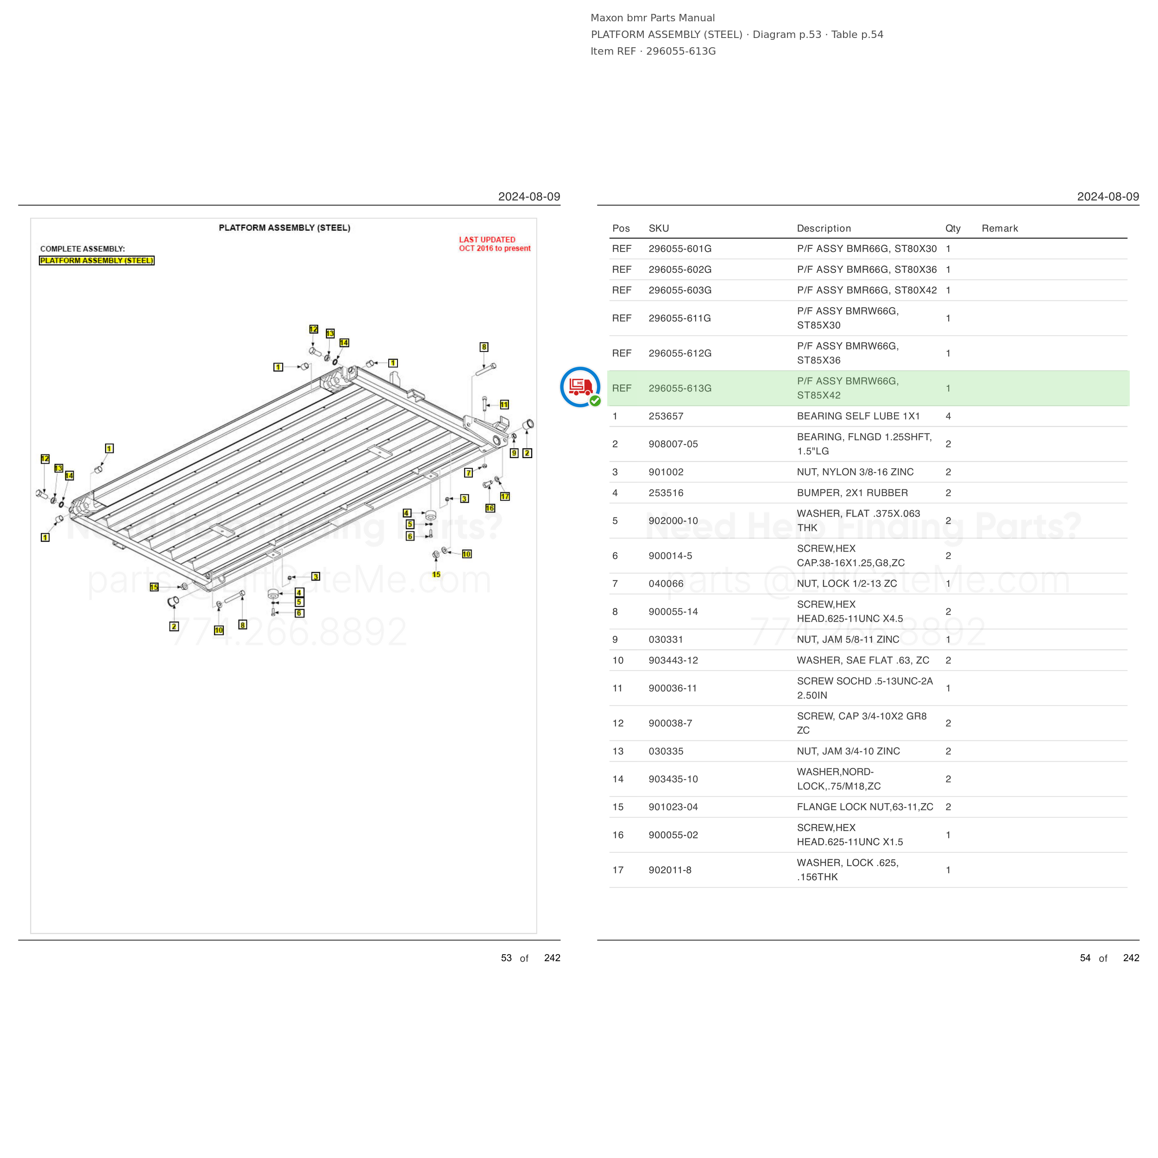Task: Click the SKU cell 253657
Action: [x=666, y=416]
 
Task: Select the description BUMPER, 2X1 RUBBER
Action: [x=852, y=493]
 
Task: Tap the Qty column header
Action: [x=953, y=228]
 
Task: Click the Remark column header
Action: [x=1000, y=228]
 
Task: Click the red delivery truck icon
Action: [x=580, y=387]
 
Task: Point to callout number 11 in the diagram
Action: [x=504, y=404]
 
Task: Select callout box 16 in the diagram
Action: [x=490, y=508]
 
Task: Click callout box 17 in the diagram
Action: [x=505, y=496]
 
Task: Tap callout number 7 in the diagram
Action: [x=468, y=473]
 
